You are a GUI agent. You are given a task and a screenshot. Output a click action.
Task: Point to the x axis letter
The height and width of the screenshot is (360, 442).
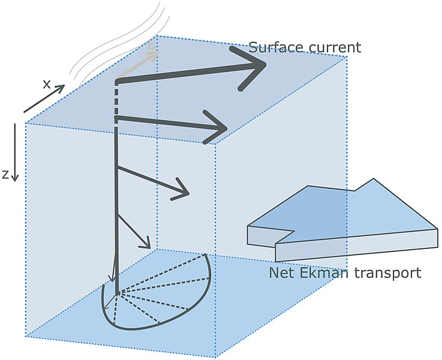[x=46, y=84]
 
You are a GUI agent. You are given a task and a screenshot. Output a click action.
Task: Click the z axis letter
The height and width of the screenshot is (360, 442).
[x=5, y=175]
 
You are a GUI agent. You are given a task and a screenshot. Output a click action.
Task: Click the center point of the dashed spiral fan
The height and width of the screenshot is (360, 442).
[x=118, y=293]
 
